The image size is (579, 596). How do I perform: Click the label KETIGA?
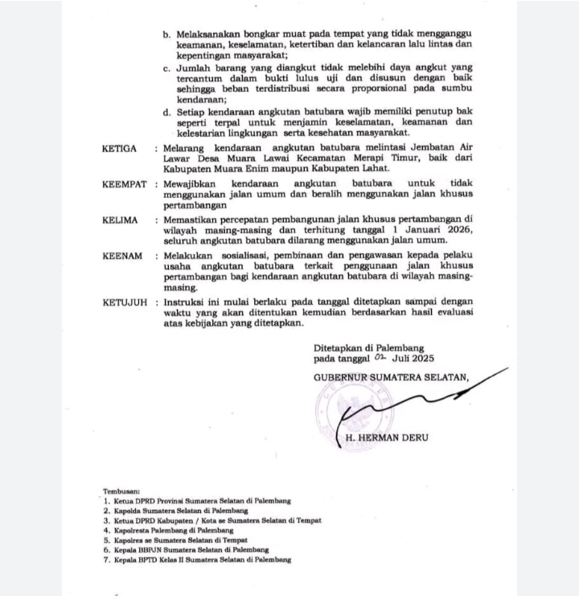point(119,149)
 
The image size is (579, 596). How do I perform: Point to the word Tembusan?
point(121,490)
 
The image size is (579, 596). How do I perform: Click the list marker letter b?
point(166,35)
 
